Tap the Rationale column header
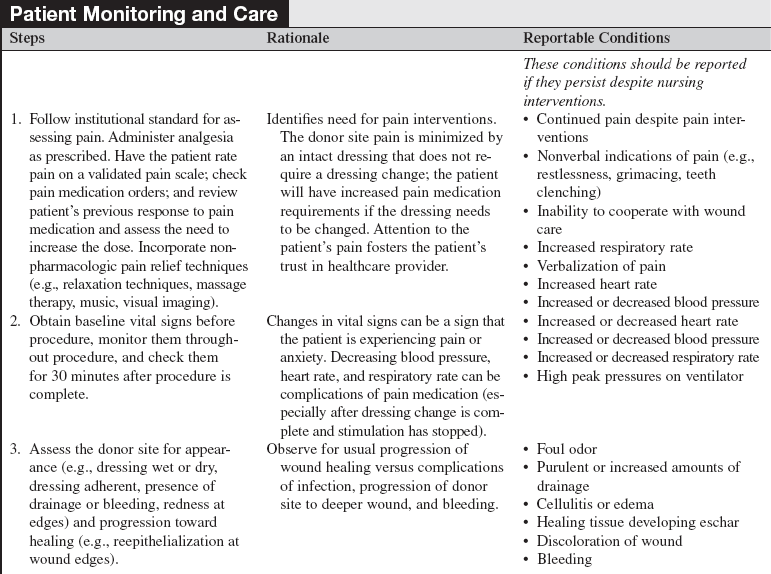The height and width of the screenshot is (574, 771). pos(298,39)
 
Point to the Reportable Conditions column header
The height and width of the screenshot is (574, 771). pos(596,39)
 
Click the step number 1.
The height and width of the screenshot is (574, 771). pos(16,119)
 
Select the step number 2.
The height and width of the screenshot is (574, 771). pos(16,321)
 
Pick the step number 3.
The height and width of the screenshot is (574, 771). pos(16,449)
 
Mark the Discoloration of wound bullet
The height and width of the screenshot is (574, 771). pos(609,541)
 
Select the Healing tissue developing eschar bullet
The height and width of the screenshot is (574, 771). pos(637,522)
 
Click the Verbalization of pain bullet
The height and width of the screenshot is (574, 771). pos(601,265)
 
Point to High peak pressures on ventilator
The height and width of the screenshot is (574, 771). pos(640,376)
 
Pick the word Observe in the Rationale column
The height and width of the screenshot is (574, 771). pos(292,449)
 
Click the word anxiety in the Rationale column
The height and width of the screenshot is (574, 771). pos(303,357)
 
